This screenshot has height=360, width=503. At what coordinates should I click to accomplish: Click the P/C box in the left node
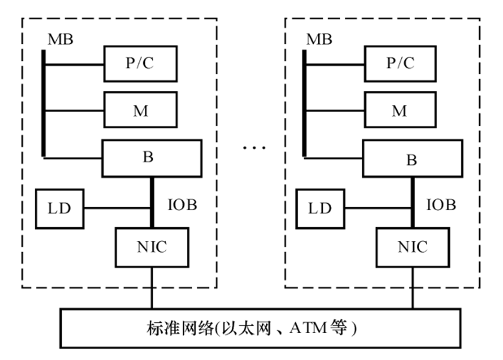pyautogui.click(x=141, y=63)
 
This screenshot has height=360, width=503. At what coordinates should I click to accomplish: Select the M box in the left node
pyautogui.click(x=141, y=111)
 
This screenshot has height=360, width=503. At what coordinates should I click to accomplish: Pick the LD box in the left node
pyautogui.click(x=59, y=208)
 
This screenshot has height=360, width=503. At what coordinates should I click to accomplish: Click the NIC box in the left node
pyautogui.click(x=151, y=246)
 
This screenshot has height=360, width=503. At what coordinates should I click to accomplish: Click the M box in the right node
pyautogui.click(x=399, y=111)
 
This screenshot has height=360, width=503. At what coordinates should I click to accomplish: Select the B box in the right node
pyautogui.click(x=411, y=158)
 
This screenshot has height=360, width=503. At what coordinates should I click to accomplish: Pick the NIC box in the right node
pyautogui.click(x=411, y=246)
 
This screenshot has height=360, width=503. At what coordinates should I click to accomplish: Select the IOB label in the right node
pyautogui.click(x=441, y=205)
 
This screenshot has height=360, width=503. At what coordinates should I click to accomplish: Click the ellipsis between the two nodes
pyautogui.click(x=253, y=147)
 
